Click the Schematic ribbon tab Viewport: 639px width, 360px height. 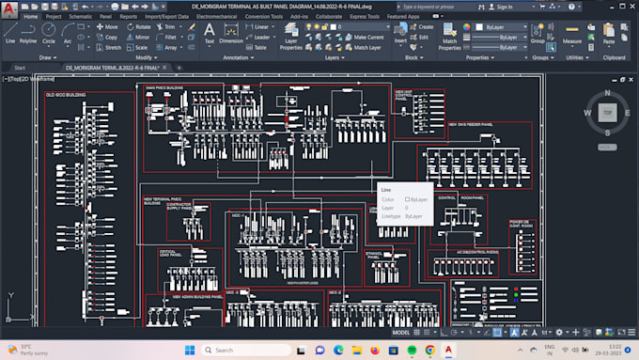point(81,16)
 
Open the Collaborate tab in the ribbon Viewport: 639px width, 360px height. point(329,16)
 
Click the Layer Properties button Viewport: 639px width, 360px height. point(291,42)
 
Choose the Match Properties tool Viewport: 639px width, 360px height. point(450,42)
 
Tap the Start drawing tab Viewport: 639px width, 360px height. point(20,69)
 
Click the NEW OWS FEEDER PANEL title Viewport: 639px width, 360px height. point(470,124)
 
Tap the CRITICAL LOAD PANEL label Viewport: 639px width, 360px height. point(168,252)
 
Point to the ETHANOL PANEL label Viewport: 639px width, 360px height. point(374,254)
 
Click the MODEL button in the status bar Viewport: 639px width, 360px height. point(400,333)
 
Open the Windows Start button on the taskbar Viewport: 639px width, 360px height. point(192,350)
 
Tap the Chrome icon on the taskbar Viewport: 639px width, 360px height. point(429,350)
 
